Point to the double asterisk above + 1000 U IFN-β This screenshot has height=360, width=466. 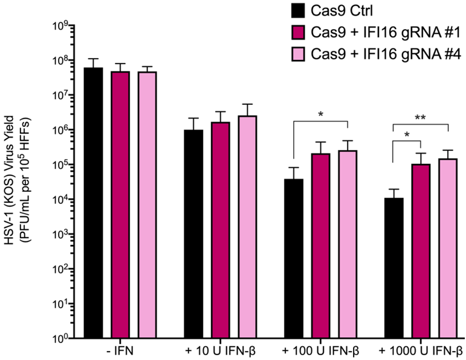tap(421, 119)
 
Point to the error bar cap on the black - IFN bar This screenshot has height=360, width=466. tap(93, 59)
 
